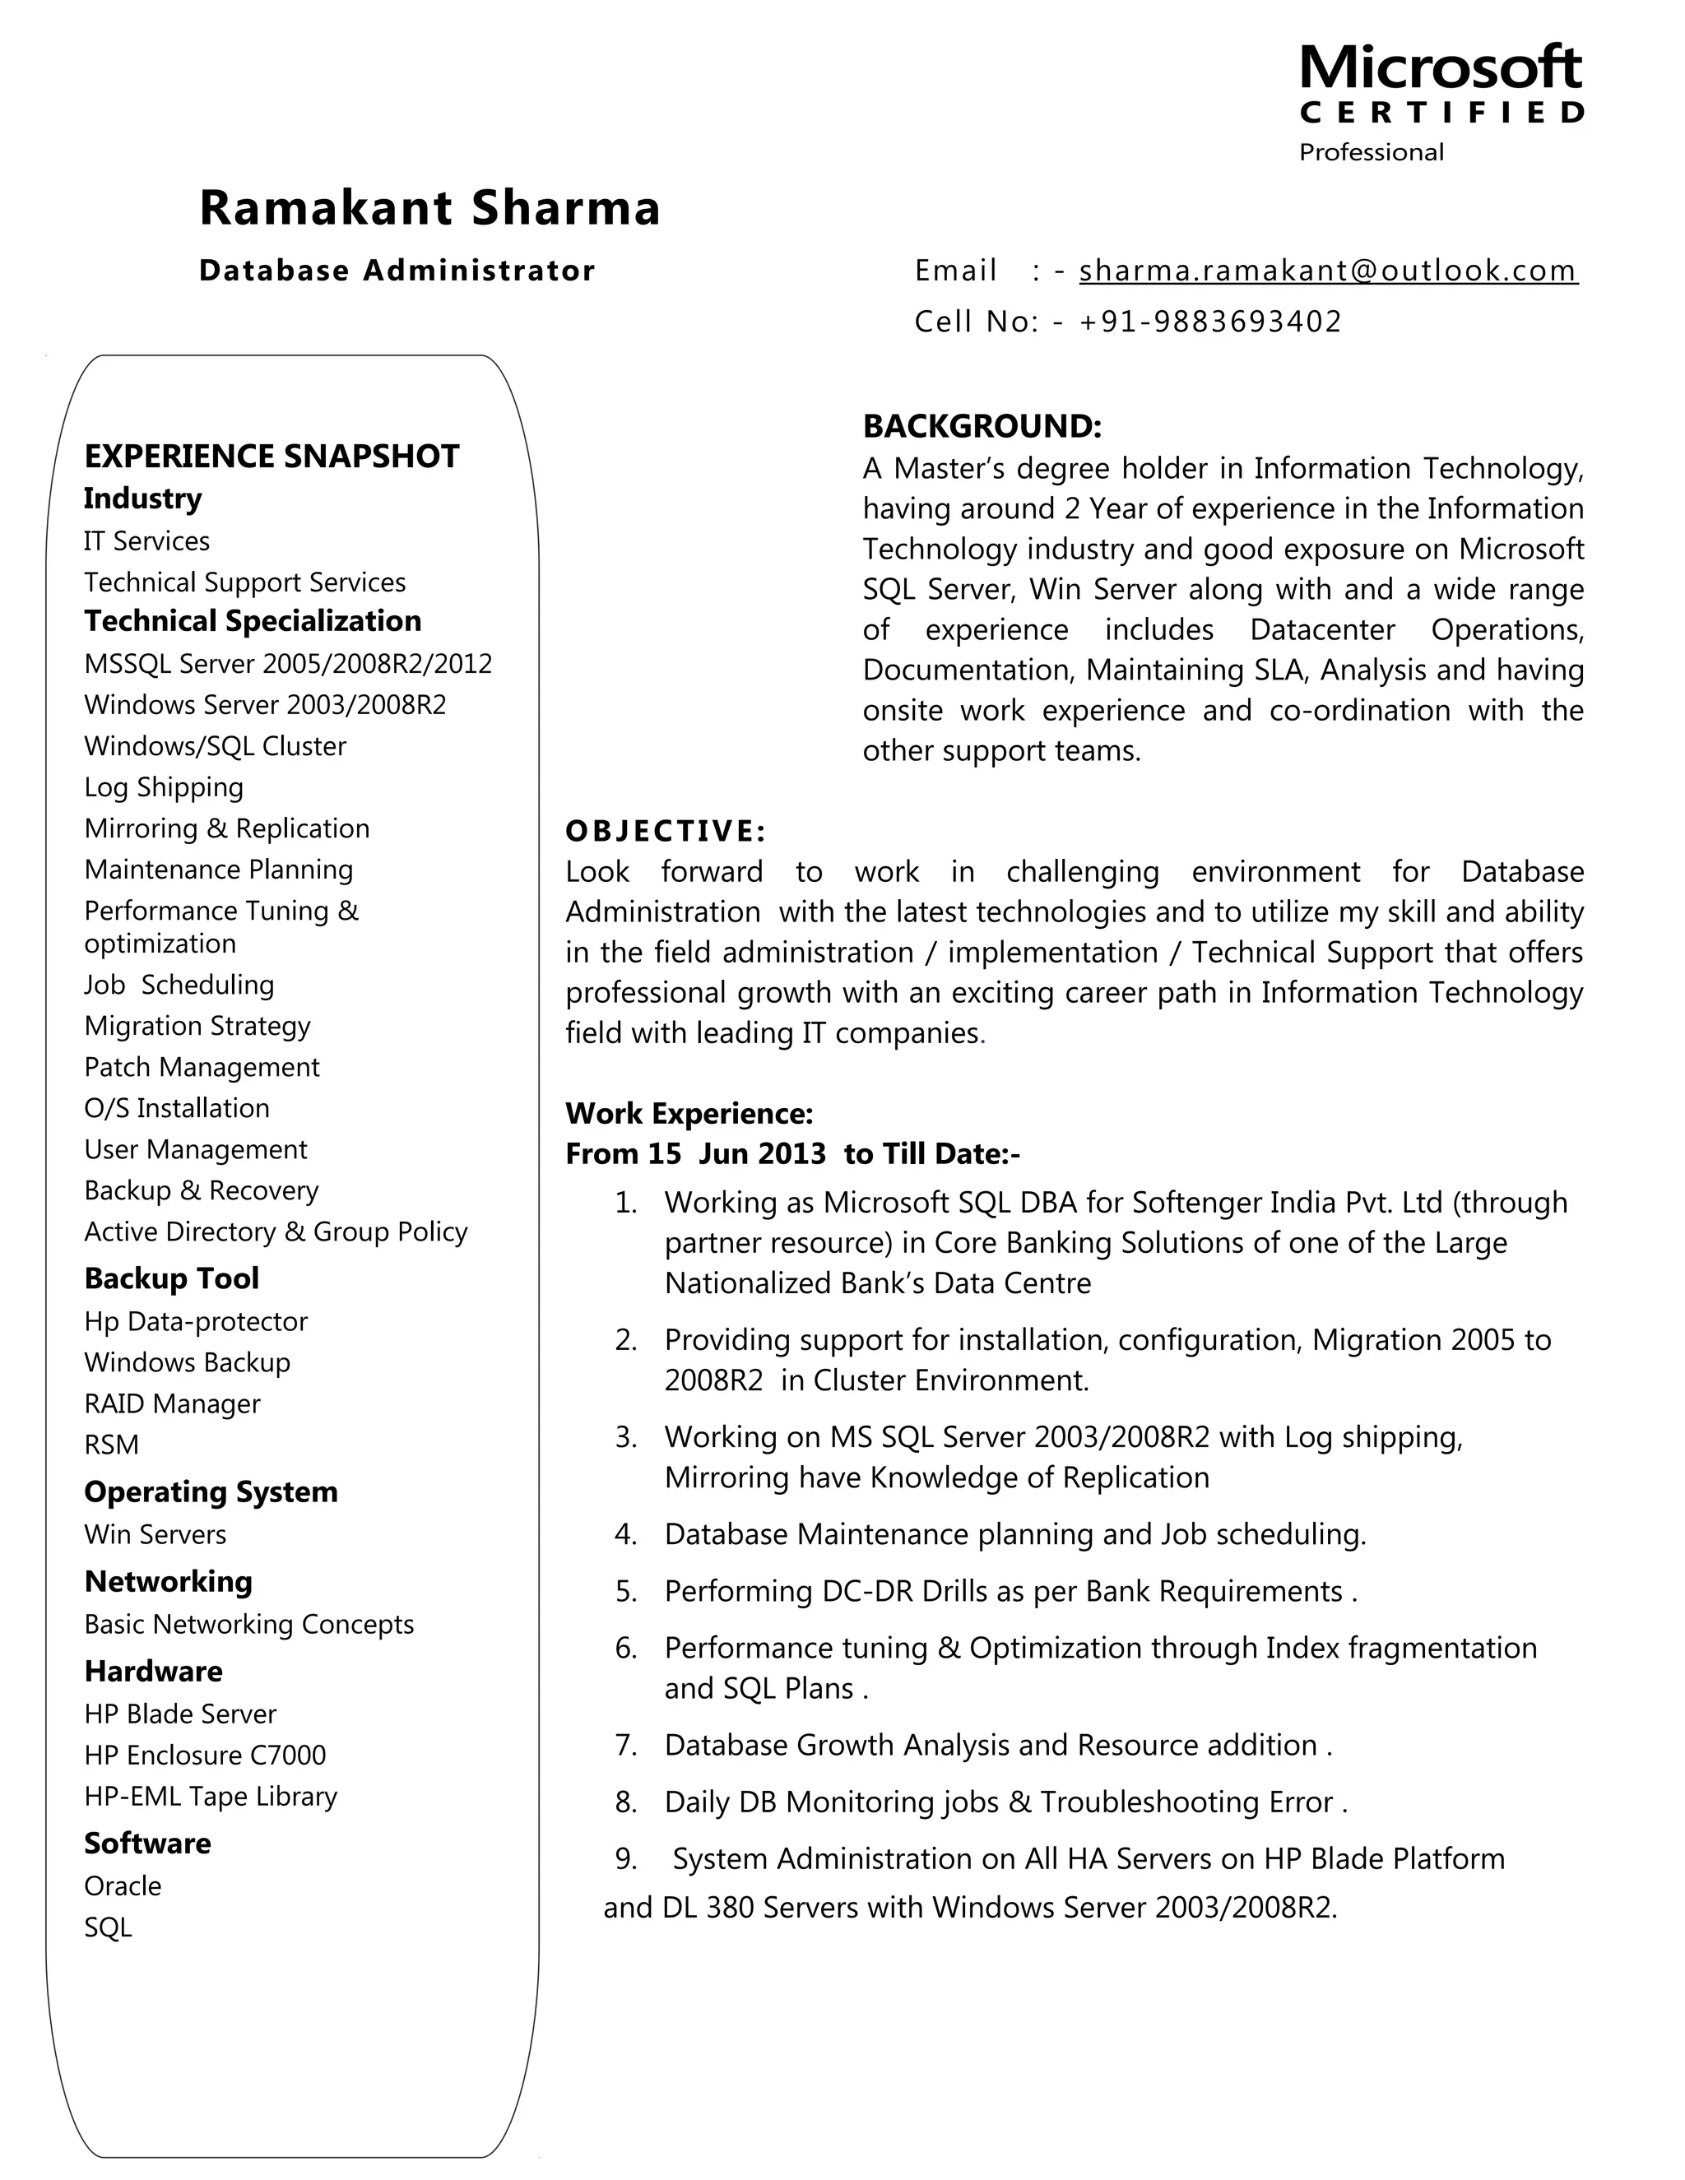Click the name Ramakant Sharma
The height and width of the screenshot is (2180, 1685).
point(429,207)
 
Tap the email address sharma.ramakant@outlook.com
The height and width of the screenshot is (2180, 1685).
point(1328,271)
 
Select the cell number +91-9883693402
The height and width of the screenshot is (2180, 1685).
point(1209,322)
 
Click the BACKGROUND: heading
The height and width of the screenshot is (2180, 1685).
point(982,426)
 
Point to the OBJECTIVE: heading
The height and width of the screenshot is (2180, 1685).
point(666,831)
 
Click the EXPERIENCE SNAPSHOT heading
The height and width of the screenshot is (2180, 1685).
point(272,457)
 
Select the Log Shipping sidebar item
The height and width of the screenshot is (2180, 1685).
point(164,786)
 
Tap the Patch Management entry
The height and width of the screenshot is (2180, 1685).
point(202,1067)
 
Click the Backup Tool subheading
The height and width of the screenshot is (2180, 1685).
point(172,1278)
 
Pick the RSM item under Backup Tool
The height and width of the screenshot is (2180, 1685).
point(112,1445)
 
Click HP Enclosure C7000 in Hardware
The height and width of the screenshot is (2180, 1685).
point(205,1755)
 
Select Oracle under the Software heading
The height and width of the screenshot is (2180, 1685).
point(123,1885)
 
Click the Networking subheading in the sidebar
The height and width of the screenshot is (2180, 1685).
point(169,1581)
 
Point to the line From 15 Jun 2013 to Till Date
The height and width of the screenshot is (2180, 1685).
point(792,1154)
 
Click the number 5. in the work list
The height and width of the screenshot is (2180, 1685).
point(626,1591)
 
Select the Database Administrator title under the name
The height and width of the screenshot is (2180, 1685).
point(397,271)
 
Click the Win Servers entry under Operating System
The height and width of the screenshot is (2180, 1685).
point(155,1534)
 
